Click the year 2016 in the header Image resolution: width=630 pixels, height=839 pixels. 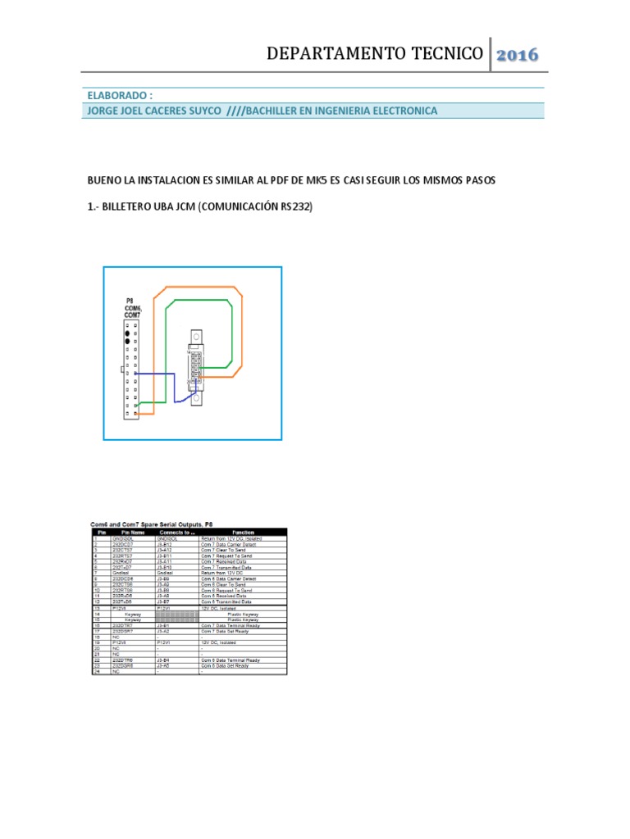click(517, 55)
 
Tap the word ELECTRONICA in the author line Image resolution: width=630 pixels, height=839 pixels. click(399, 111)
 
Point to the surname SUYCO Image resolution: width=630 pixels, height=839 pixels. click(202, 111)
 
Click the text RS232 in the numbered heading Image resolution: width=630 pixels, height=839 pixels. click(296, 208)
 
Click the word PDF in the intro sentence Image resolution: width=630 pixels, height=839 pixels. click(285, 179)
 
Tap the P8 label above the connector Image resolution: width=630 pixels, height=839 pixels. click(130, 301)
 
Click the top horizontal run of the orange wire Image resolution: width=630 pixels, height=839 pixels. click(201, 288)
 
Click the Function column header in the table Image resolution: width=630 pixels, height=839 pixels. click(244, 532)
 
